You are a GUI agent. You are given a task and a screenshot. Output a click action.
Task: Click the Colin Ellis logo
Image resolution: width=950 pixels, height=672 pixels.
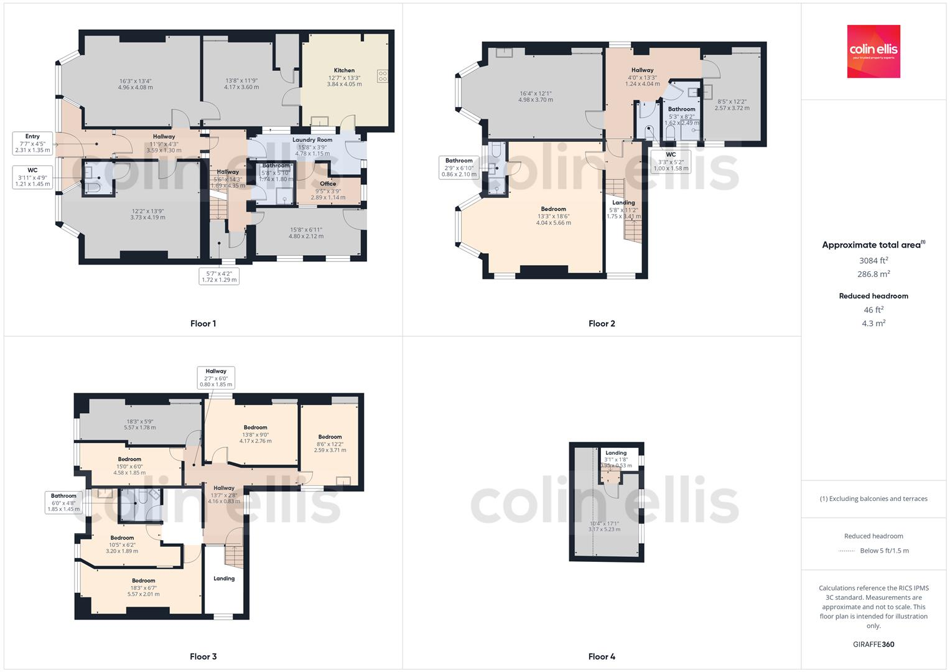click(873, 51)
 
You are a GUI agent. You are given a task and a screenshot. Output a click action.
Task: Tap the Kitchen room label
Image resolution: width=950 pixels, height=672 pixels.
click(344, 70)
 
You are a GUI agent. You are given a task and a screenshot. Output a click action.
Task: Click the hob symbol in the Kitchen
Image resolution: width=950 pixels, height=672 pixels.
click(382, 77)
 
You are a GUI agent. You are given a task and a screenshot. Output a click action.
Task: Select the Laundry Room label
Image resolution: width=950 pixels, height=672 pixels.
click(312, 140)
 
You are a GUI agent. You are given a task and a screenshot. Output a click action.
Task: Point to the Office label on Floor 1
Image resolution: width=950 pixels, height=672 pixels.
click(328, 184)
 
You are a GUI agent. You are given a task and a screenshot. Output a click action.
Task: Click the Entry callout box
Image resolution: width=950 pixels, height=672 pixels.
click(32, 143)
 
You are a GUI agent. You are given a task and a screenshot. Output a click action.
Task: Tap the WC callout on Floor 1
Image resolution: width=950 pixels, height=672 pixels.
click(32, 177)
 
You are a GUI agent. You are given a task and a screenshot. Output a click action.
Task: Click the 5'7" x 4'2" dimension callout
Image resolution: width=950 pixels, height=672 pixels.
click(220, 276)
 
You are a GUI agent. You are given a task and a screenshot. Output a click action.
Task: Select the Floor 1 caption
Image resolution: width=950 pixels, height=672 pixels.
click(203, 324)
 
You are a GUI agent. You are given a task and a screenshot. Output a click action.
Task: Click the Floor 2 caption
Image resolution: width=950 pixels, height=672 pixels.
click(602, 324)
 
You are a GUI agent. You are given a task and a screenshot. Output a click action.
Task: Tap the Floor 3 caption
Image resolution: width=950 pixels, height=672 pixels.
click(203, 656)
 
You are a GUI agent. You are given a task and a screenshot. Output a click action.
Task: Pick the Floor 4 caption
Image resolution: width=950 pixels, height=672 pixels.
click(602, 656)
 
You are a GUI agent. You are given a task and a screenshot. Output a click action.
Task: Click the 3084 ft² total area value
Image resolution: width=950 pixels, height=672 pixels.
click(873, 260)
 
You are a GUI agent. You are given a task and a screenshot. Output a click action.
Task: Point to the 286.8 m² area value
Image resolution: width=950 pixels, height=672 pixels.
click(873, 274)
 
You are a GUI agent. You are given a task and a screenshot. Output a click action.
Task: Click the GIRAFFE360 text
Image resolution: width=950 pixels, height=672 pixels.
click(873, 644)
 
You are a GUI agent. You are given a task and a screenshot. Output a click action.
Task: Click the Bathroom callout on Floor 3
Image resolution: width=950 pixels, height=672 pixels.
click(63, 502)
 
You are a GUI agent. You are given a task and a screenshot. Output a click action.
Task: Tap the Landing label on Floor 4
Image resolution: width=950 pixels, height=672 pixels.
click(616, 453)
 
